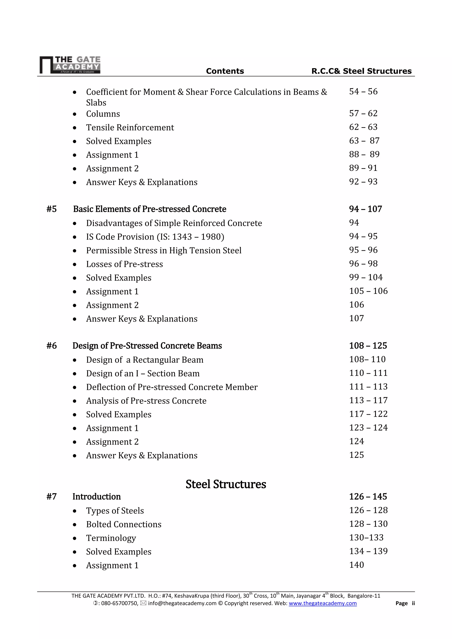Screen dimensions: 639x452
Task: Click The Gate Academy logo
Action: (x=70, y=65)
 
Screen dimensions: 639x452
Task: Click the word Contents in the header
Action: (x=225, y=71)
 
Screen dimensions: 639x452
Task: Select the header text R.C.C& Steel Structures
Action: (x=361, y=71)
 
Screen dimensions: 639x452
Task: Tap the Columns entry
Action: (x=103, y=114)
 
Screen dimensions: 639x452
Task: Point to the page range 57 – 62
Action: (x=363, y=113)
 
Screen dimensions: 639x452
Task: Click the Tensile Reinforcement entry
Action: (x=130, y=127)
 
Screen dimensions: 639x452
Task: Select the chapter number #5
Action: (x=51, y=209)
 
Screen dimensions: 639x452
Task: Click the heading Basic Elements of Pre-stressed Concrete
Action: (x=149, y=209)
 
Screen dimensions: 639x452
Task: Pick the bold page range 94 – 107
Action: (x=365, y=209)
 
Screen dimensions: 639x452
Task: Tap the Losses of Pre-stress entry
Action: (x=124, y=264)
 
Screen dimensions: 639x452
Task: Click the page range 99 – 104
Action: (x=366, y=277)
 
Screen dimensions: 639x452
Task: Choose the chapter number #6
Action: (x=51, y=346)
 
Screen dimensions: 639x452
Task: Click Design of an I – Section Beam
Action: (x=143, y=373)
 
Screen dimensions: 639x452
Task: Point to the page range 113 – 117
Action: (x=368, y=400)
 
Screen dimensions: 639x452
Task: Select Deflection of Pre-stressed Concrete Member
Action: (x=172, y=387)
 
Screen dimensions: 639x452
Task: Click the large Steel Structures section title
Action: (x=226, y=484)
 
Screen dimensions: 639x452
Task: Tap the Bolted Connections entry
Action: (x=124, y=524)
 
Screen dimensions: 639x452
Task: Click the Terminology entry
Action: (x=111, y=538)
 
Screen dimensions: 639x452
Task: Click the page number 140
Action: (x=356, y=565)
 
